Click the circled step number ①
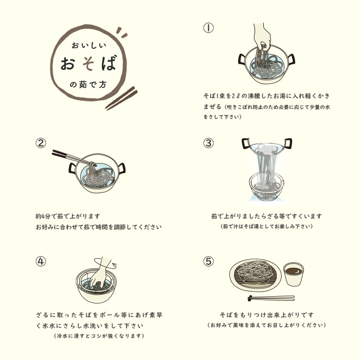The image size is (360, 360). tap(208, 28)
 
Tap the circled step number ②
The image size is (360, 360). tap(41, 143)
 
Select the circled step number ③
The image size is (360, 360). tap(208, 143)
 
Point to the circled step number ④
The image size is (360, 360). tap(41, 261)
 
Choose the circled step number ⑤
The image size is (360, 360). tap(208, 261)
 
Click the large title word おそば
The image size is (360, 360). tap(88, 63)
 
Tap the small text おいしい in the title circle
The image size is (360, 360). tap(89, 45)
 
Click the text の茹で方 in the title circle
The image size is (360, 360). tap(88, 84)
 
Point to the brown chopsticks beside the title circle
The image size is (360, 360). tap(121, 98)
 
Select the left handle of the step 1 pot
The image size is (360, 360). tap(242, 60)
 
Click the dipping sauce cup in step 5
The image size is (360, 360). tap(294, 274)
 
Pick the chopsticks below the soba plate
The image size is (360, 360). tap(271, 298)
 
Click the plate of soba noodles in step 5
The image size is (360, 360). tap(255, 275)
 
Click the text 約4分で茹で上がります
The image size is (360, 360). tap(68, 217)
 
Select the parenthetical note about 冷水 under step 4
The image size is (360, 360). tap(99, 336)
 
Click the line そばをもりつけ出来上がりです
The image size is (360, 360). tap(266, 315)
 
